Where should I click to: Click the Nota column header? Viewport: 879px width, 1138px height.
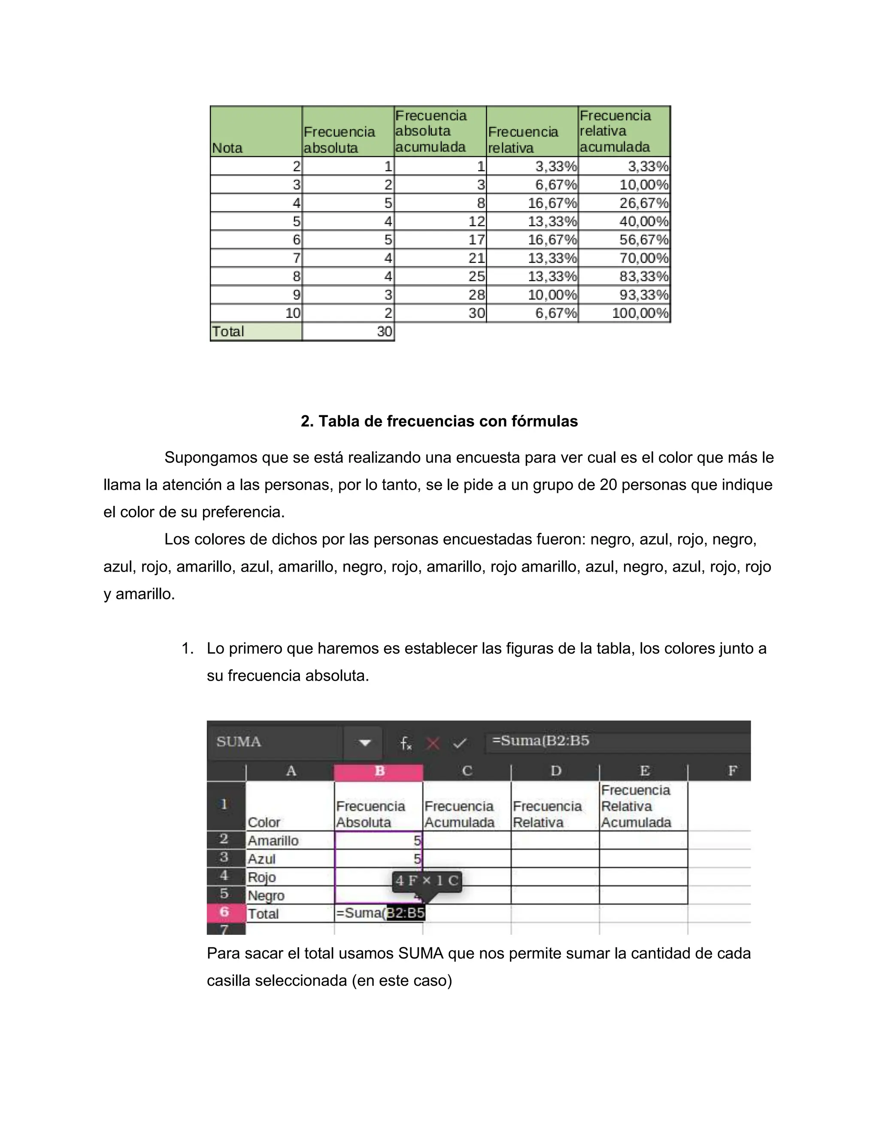[x=256, y=131]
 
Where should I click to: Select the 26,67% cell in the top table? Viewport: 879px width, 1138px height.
[x=624, y=203]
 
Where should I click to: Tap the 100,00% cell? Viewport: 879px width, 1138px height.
[x=624, y=313]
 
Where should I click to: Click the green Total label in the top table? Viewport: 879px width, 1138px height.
[x=256, y=332]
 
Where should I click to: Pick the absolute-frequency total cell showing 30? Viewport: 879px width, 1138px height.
[x=348, y=332]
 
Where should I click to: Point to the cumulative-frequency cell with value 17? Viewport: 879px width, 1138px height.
[x=440, y=240]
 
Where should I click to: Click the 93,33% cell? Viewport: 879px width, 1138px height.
[x=624, y=295]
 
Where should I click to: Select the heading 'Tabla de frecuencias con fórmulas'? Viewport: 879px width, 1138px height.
[x=439, y=421]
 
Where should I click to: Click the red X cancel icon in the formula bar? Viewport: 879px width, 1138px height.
[x=433, y=743]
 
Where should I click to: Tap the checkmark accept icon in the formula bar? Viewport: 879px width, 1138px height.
[x=459, y=743]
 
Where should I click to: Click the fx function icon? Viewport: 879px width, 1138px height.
[x=406, y=743]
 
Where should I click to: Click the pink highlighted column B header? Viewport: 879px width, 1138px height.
[x=379, y=771]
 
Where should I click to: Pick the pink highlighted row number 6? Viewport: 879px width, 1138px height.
[x=225, y=912]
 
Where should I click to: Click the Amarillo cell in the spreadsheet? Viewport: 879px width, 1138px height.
[x=290, y=840]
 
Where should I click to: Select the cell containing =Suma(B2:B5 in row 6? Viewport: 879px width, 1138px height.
[x=379, y=913]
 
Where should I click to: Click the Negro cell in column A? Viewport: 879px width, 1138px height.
[x=290, y=895]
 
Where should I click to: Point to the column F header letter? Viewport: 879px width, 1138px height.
[x=732, y=771]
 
